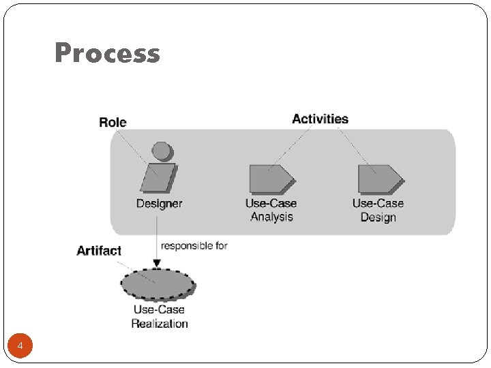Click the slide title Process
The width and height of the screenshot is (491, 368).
tap(107, 53)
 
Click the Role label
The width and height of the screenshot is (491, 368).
tap(113, 122)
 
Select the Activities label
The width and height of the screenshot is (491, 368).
tap(320, 119)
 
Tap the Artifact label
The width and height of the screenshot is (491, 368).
tap(99, 251)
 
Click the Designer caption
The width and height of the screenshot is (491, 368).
tap(159, 203)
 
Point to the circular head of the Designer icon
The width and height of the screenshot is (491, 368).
tap(161, 150)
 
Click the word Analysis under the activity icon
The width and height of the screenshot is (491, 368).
tap(271, 217)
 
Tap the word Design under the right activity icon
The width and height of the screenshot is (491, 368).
tap(378, 217)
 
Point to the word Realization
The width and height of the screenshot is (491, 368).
tap(160, 323)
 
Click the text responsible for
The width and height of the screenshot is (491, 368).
tap(194, 245)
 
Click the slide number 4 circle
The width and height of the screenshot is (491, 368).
tap(20, 347)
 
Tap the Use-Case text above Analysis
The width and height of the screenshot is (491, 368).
tap(271, 203)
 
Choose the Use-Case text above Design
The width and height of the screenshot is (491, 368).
tap(378, 203)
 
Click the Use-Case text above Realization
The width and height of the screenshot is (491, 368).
tap(159, 309)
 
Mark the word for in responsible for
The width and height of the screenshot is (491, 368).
tap(221, 245)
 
